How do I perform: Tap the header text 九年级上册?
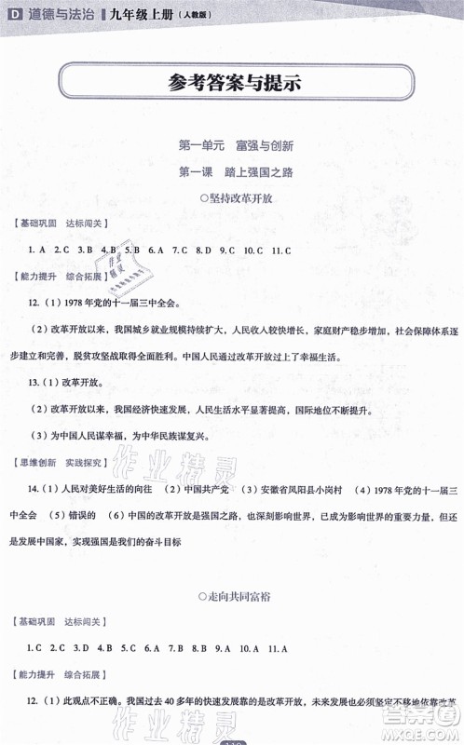pyautogui.click(x=118, y=10)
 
